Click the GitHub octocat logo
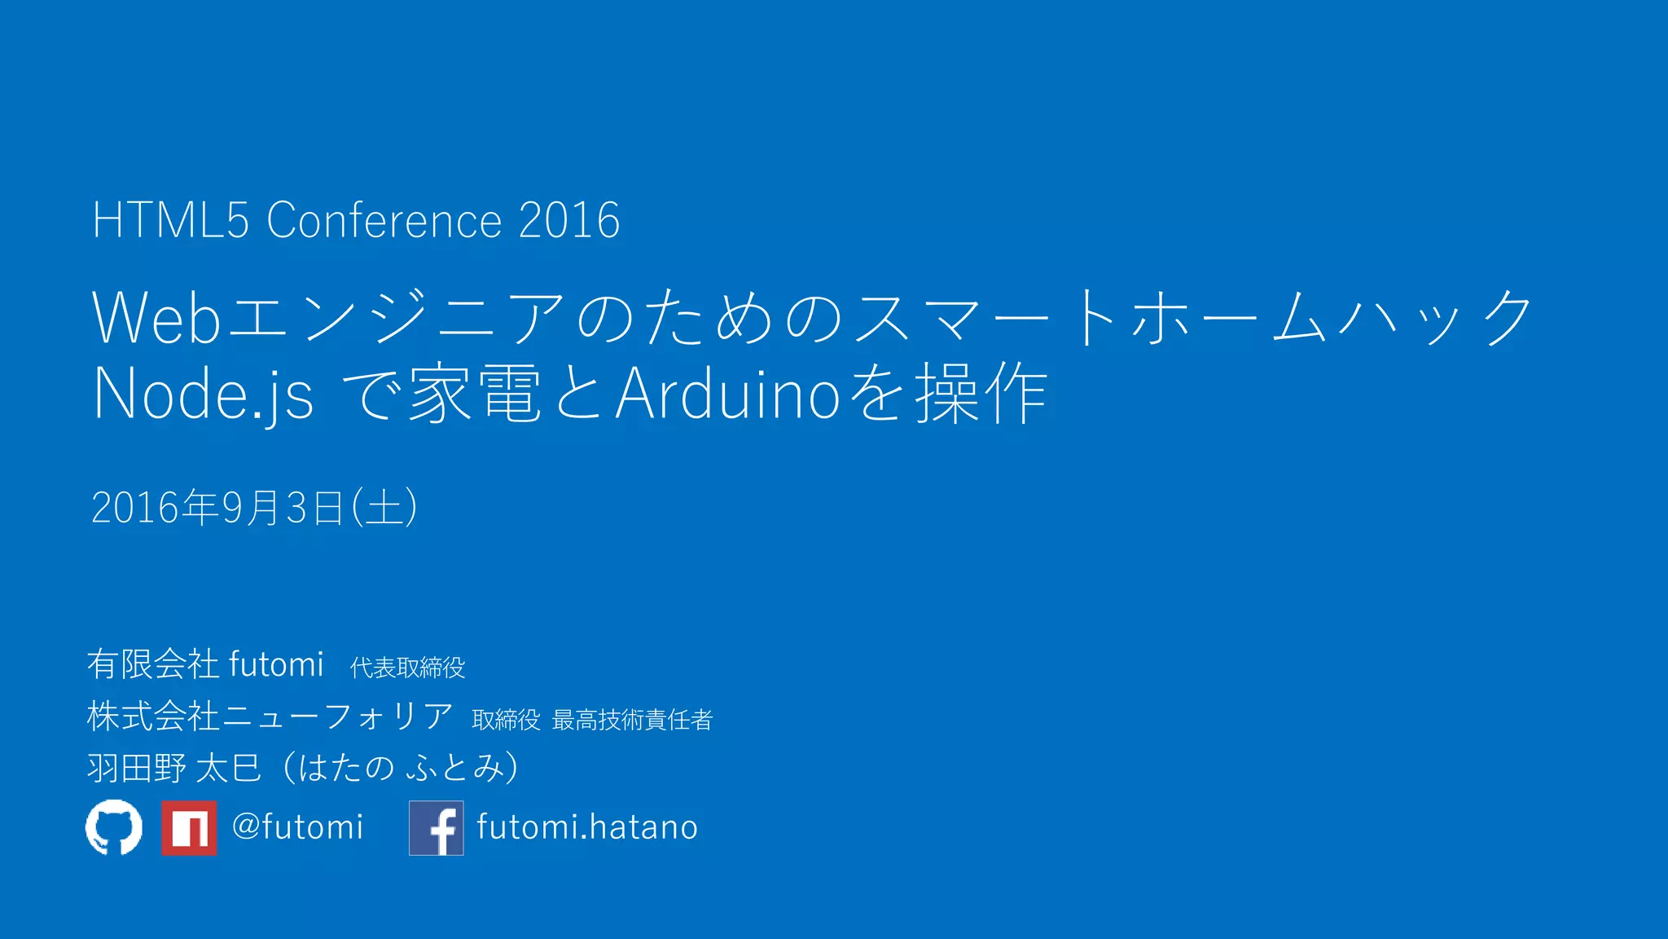pyautogui.click(x=114, y=827)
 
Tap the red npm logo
pyautogui.click(x=189, y=828)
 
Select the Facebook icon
pyautogui.click(x=437, y=828)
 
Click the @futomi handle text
pyautogui.click(x=297, y=827)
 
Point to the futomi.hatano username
pyautogui.click(x=587, y=827)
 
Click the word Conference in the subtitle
pyautogui.click(x=384, y=220)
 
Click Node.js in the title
pyautogui.click(x=204, y=395)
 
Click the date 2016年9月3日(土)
pyautogui.click(x=254, y=508)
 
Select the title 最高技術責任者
pyautogui.click(x=632, y=720)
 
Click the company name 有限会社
pyautogui.click(x=153, y=664)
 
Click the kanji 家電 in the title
pyautogui.click(x=474, y=395)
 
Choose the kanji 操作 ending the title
pyautogui.click(x=981, y=395)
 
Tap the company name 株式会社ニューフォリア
pyautogui.click(x=270, y=716)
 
